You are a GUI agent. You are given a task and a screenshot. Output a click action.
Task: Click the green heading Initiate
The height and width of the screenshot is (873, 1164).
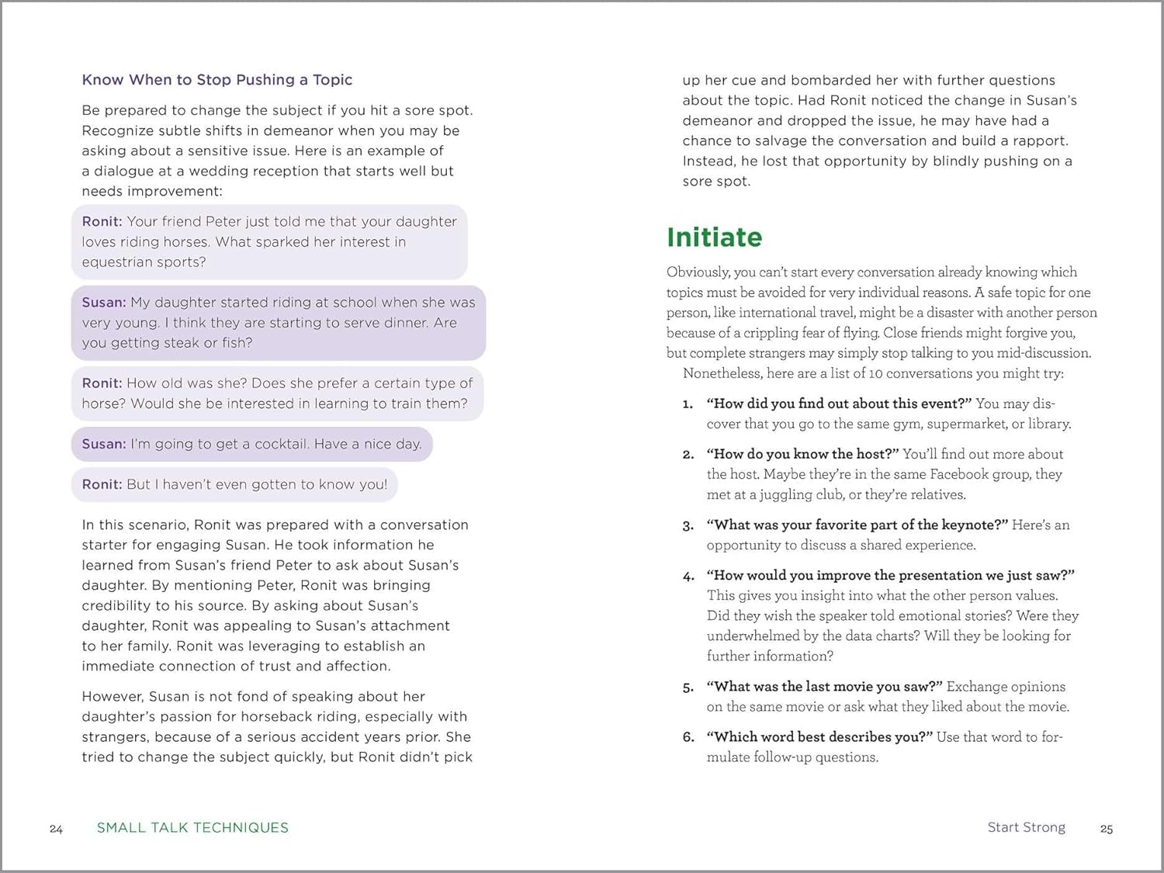click(x=714, y=237)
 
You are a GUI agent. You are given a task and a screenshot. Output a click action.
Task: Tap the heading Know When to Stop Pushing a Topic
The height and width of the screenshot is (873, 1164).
click(x=217, y=79)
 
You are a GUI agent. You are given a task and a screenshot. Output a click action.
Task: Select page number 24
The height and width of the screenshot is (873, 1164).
click(x=56, y=829)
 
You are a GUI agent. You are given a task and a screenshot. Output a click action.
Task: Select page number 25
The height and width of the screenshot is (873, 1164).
click(x=1107, y=829)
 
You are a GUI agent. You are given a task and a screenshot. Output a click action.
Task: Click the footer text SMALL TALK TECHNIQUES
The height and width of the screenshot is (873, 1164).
click(x=192, y=827)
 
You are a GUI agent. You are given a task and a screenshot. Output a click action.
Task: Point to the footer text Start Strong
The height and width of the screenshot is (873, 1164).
click(x=1026, y=827)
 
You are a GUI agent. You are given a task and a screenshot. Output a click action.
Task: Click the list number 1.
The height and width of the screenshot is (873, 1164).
click(x=688, y=404)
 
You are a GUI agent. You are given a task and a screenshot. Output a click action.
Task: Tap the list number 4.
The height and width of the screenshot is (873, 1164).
click(x=688, y=576)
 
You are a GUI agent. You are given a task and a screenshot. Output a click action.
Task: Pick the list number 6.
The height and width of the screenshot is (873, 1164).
click(x=688, y=737)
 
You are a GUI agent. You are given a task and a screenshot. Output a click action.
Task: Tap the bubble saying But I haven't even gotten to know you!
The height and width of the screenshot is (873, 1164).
click(x=234, y=484)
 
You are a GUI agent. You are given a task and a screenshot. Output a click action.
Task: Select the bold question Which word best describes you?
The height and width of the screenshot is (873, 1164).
click(x=819, y=736)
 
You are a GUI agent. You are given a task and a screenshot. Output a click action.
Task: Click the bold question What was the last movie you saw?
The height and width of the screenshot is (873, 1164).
click(x=824, y=686)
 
